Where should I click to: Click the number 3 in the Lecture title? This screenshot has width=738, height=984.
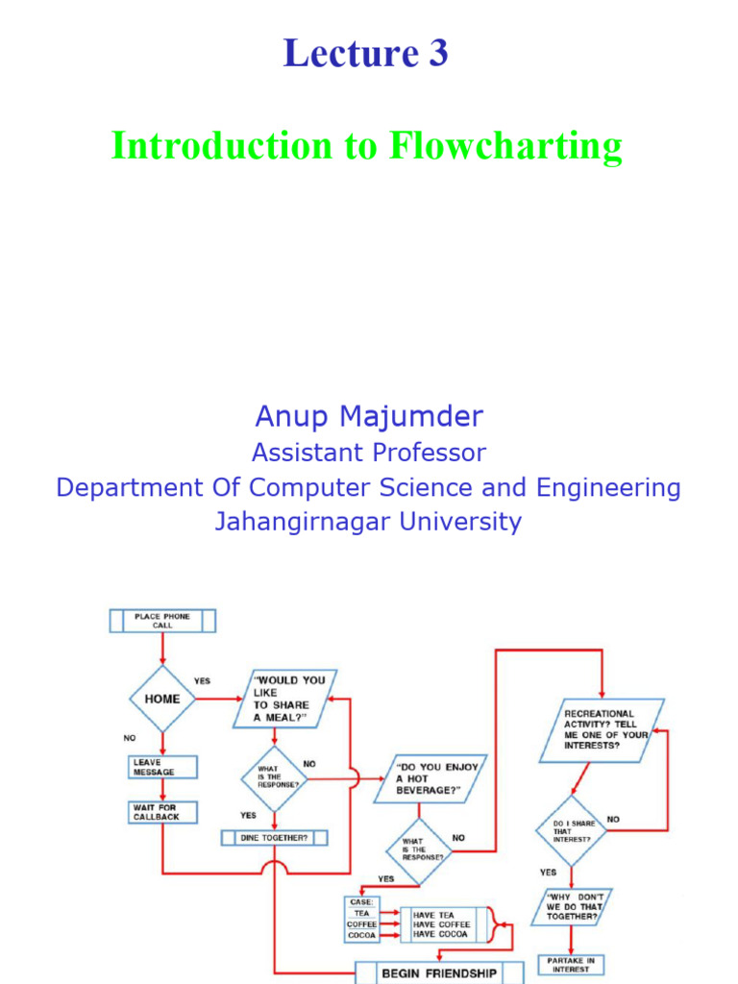436,55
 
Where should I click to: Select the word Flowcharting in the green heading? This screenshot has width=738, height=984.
505,146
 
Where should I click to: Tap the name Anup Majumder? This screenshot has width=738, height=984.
369,416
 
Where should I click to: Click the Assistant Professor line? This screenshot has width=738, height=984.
369,452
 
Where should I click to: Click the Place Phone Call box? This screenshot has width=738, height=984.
162,621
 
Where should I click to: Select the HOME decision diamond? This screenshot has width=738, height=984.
162,699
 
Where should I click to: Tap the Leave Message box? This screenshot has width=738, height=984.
161,767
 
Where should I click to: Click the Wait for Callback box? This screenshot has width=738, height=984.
162,812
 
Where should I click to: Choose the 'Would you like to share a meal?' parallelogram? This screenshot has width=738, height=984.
285,699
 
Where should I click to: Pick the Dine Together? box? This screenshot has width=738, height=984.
274,837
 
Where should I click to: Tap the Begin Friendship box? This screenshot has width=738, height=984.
439,972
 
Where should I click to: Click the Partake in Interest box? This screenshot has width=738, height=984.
571,964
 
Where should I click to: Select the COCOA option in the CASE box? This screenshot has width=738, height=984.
362,934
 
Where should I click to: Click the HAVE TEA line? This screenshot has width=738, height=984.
433,915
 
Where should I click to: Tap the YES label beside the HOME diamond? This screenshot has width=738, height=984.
202,680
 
